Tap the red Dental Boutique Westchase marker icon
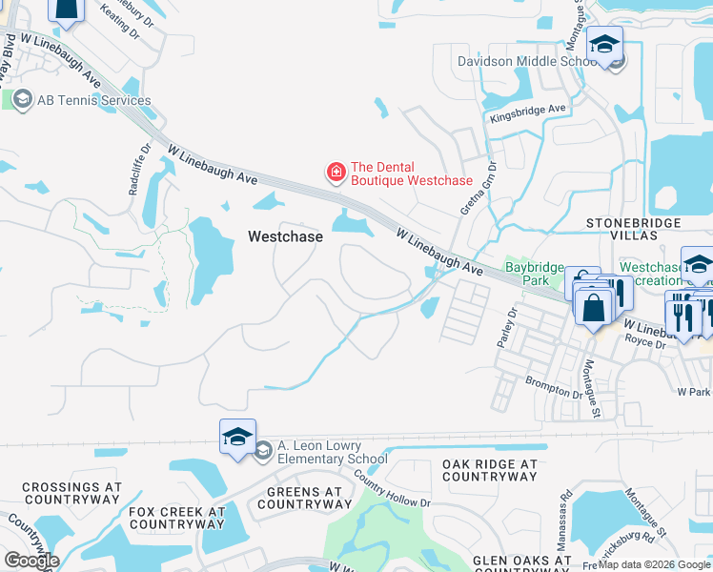[336, 173]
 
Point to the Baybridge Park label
[535, 275]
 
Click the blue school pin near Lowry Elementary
[237, 438]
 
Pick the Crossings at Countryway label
[71, 493]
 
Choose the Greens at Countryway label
[299, 498]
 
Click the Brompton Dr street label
[554, 388]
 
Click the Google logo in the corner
[31, 561]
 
